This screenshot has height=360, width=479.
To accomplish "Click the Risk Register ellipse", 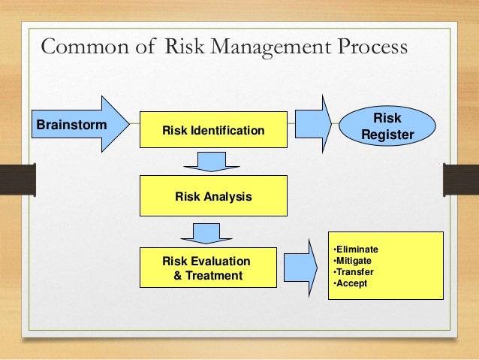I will click(387, 126).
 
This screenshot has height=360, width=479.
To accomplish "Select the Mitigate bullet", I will click(353, 261).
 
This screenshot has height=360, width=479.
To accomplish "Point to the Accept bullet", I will click(350, 283).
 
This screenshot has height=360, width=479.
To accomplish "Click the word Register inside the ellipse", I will click(387, 135).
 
